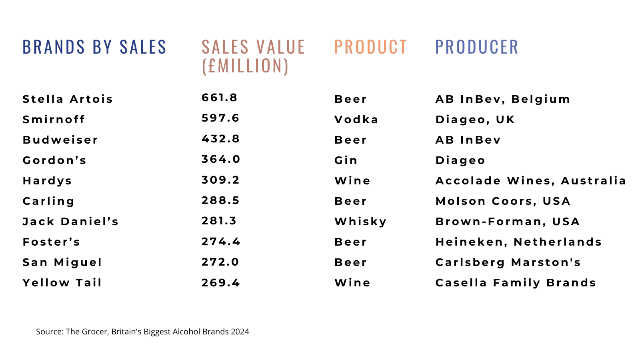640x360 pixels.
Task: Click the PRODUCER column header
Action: click(x=476, y=47)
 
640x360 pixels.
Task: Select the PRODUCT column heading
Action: click(x=370, y=47)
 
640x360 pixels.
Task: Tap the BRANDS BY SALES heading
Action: click(x=94, y=47)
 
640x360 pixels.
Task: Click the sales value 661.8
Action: click(x=220, y=98)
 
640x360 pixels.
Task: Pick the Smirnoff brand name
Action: click(x=54, y=119)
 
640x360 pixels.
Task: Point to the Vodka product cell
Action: click(x=356, y=119)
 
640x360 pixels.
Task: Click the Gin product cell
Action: click(x=346, y=160)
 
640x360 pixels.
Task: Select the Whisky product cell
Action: click(x=360, y=221)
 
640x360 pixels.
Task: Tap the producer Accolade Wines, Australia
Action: click(x=531, y=180)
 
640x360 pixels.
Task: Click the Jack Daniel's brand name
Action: click(x=70, y=221)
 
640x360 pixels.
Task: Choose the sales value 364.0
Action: click(x=221, y=159)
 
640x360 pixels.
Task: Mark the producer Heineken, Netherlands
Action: click(x=518, y=242)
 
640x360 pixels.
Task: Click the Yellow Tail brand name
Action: click(x=62, y=282)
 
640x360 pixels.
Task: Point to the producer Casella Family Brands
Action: click(x=516, y=282)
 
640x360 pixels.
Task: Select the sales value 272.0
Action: click(x=220, y=262)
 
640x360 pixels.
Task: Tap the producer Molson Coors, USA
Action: click(x=503, y=201)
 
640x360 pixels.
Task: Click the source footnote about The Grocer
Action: click(x=142, y=332)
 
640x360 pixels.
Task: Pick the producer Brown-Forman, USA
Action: click(x=508, y=221)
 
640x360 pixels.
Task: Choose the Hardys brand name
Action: click(x=47, y=180)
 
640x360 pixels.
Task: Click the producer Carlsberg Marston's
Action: click(x=508, y=262)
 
